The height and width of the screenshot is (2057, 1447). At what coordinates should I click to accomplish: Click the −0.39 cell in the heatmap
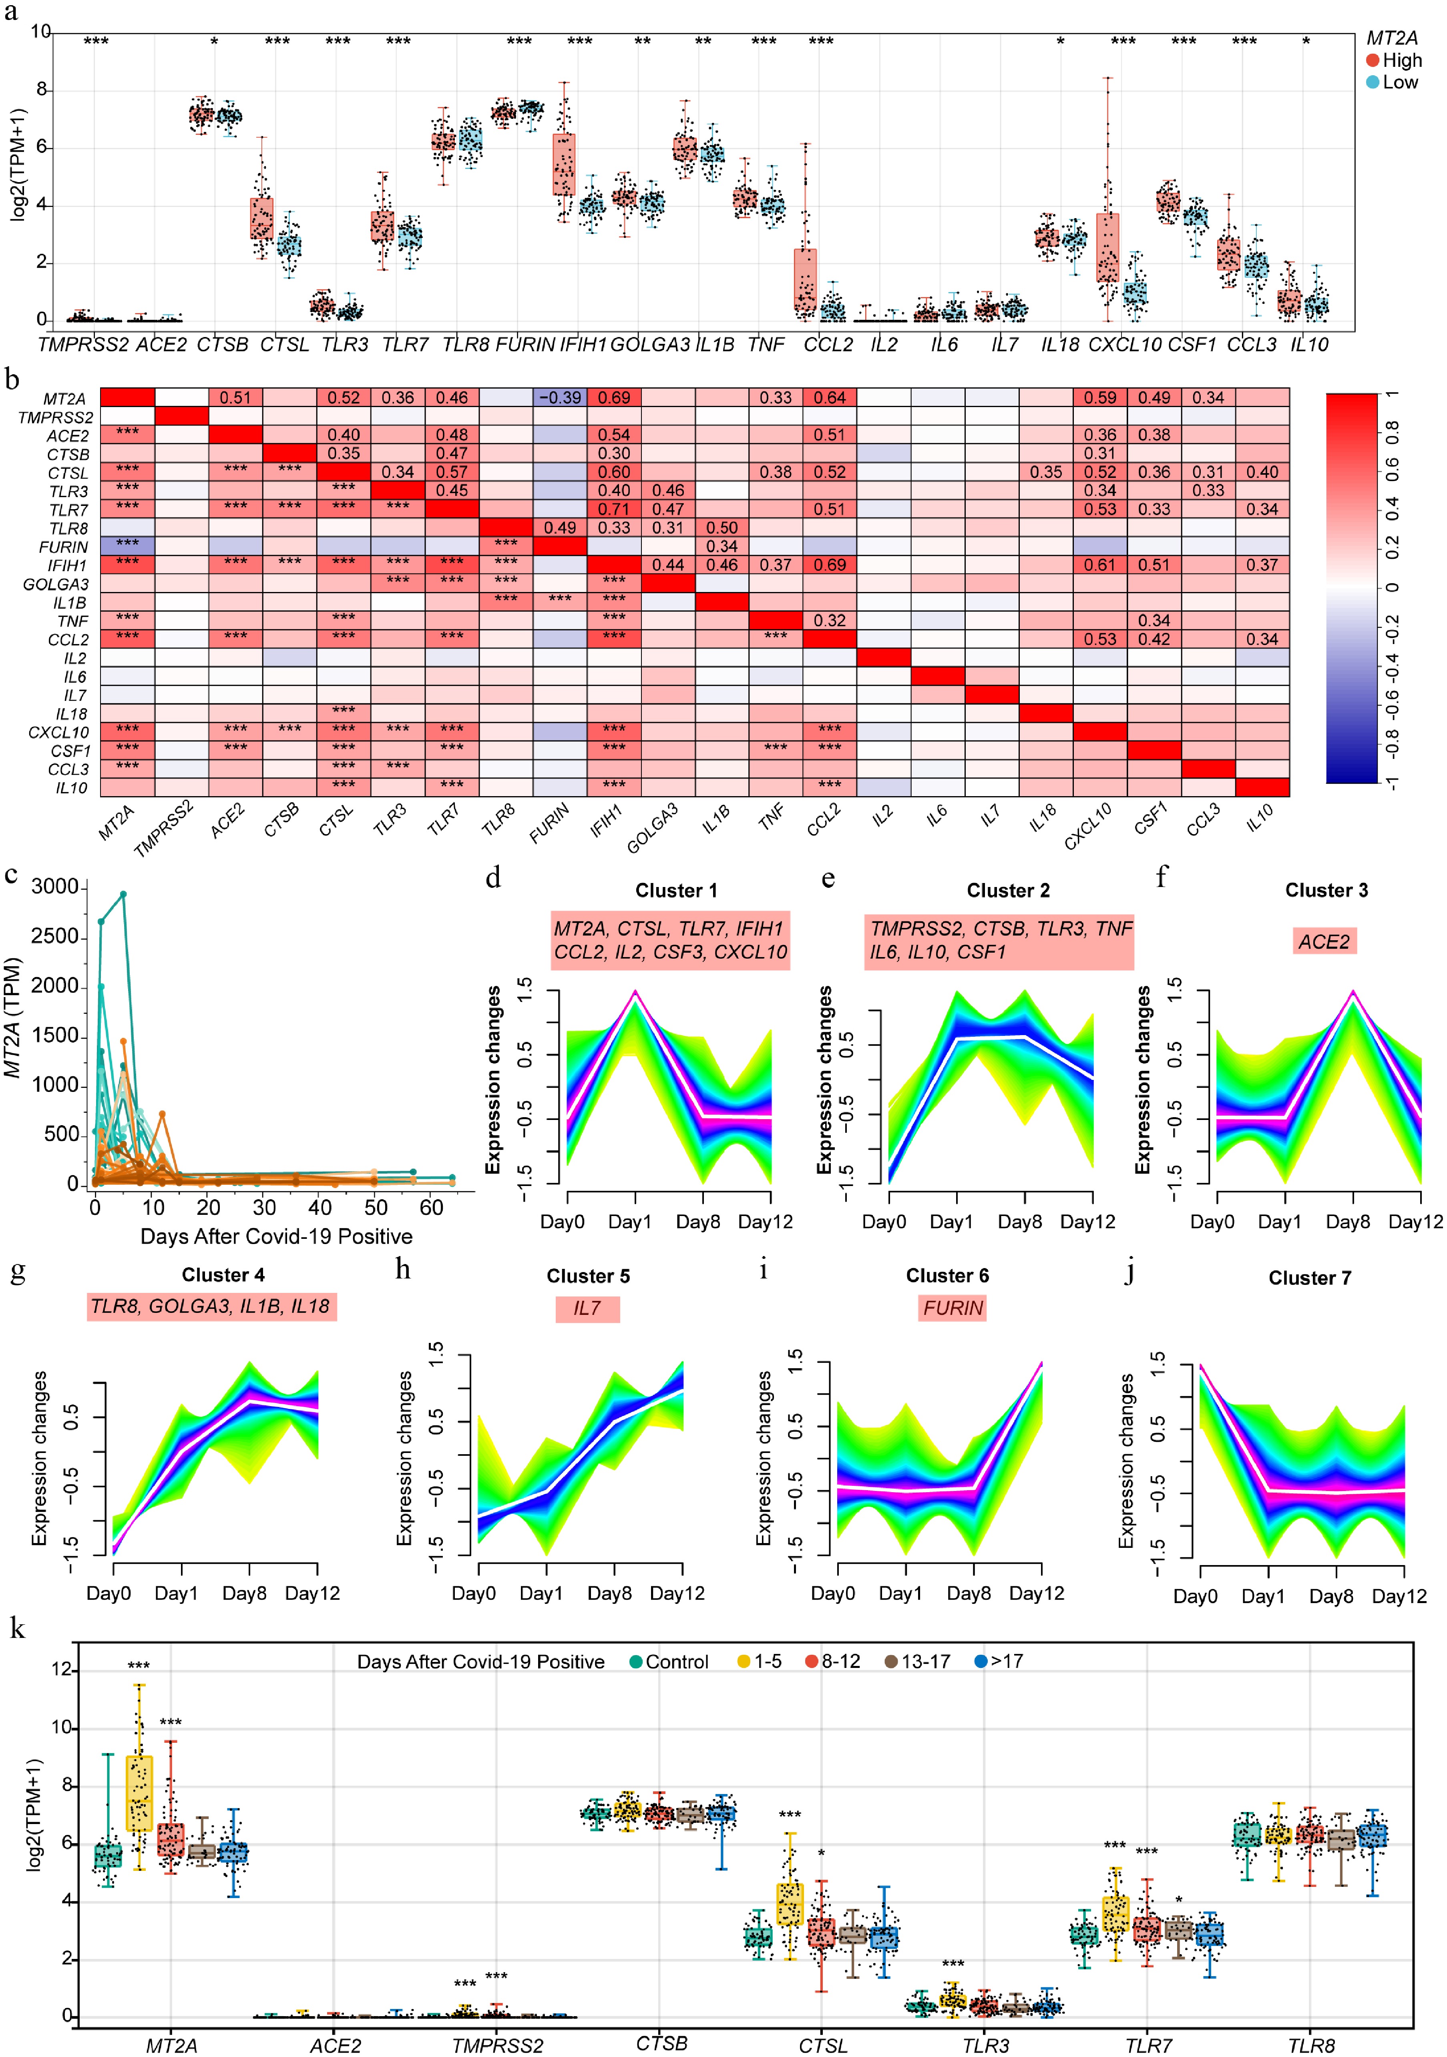(x=560, y=398)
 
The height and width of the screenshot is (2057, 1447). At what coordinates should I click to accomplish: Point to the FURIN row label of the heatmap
(x=64, y=546)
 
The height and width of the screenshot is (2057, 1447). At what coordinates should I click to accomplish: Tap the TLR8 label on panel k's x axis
(x=1311, y=2045)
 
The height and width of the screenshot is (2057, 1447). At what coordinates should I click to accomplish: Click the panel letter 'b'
(x=12, y=380)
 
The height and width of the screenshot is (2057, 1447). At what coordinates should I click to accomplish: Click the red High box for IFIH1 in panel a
(x=564, y=164)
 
